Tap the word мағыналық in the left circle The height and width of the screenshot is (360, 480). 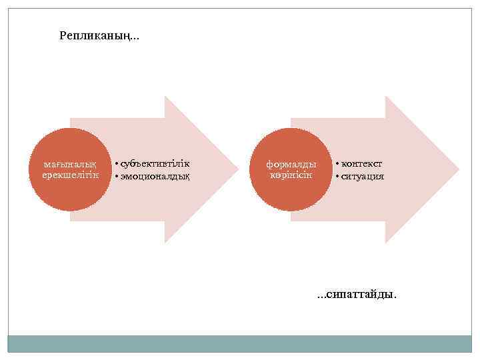click(x=69, y=164)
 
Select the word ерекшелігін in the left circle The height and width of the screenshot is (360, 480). click(x=69, y=175)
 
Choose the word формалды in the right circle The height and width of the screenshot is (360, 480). click(x=291, y=164)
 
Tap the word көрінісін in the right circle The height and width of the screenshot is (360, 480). click(x=291, y=175)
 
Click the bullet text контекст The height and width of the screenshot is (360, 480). click(x=362, y=164)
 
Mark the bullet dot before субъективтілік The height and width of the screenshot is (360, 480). click(x=116, y=165)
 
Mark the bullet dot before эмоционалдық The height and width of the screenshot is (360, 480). click(x=116, y=177)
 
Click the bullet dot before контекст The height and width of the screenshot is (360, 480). click(x=337, y=165)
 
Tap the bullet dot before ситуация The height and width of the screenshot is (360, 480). click(x=337, y=177)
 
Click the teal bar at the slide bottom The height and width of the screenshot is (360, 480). click(x=240, y=344)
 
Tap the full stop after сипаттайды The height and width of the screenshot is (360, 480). click(x=395, y=297)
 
